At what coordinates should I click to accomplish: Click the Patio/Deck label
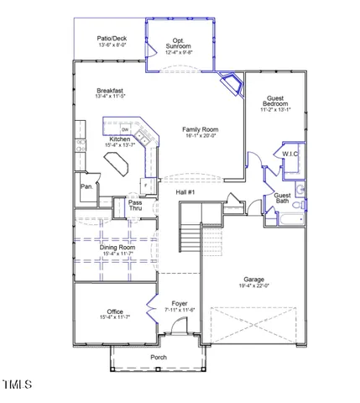(112, 39)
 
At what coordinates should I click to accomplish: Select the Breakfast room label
(110, 91)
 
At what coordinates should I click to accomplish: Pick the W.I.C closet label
(290, 154)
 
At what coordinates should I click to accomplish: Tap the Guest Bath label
(283, 199)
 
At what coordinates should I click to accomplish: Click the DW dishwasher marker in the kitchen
(124, 129)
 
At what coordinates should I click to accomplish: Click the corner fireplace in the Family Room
(229, 82)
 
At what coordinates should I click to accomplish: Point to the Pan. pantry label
(86, 186)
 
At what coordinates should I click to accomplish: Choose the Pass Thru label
(135, 206)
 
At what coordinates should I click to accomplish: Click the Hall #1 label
(185, 193)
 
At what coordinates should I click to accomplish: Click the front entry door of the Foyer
(183, 343)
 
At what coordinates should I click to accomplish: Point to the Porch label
(158, 358)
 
